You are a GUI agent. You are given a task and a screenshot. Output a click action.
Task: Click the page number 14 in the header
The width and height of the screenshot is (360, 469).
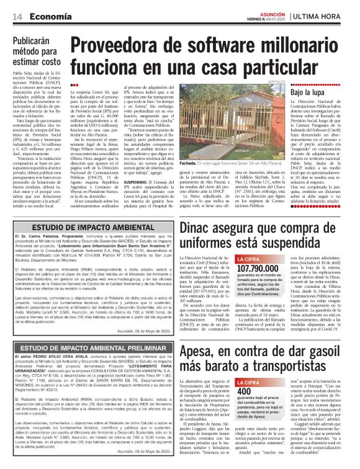tap(17, 16)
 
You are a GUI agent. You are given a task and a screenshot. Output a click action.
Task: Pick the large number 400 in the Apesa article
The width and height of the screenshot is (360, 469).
tap(245, 374)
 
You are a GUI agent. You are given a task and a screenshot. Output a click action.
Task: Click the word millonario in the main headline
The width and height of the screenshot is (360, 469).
tap(297, 45)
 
